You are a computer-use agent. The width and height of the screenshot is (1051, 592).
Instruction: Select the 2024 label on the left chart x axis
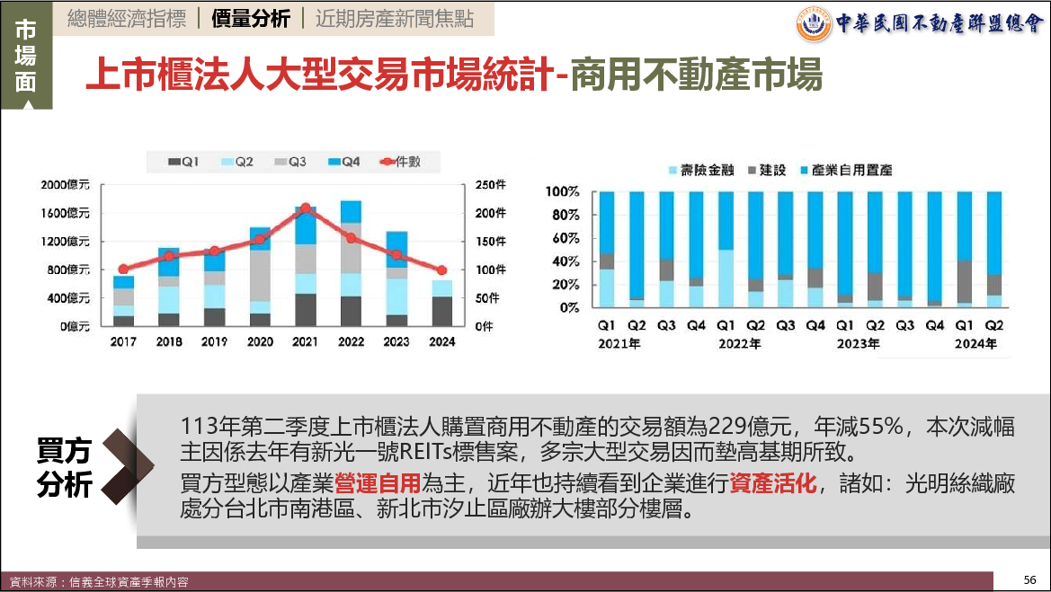[x=441, y=342]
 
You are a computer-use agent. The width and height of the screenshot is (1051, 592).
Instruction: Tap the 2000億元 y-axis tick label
[x=66, y=185]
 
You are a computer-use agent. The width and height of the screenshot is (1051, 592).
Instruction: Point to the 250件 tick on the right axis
[x=491, y=185]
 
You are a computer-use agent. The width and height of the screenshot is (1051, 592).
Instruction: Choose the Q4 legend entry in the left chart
[x=345, y=162]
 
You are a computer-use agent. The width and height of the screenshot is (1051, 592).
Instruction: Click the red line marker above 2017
[x=123, y=269]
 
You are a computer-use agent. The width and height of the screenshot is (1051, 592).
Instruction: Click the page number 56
[x=1030, y=579]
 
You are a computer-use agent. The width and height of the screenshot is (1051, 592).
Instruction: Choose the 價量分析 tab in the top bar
[x=251, y=19]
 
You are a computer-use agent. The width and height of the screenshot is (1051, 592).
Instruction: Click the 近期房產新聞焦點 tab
[x=395, y=19]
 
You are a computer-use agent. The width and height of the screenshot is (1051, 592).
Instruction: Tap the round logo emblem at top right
[x=814, y=24]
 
